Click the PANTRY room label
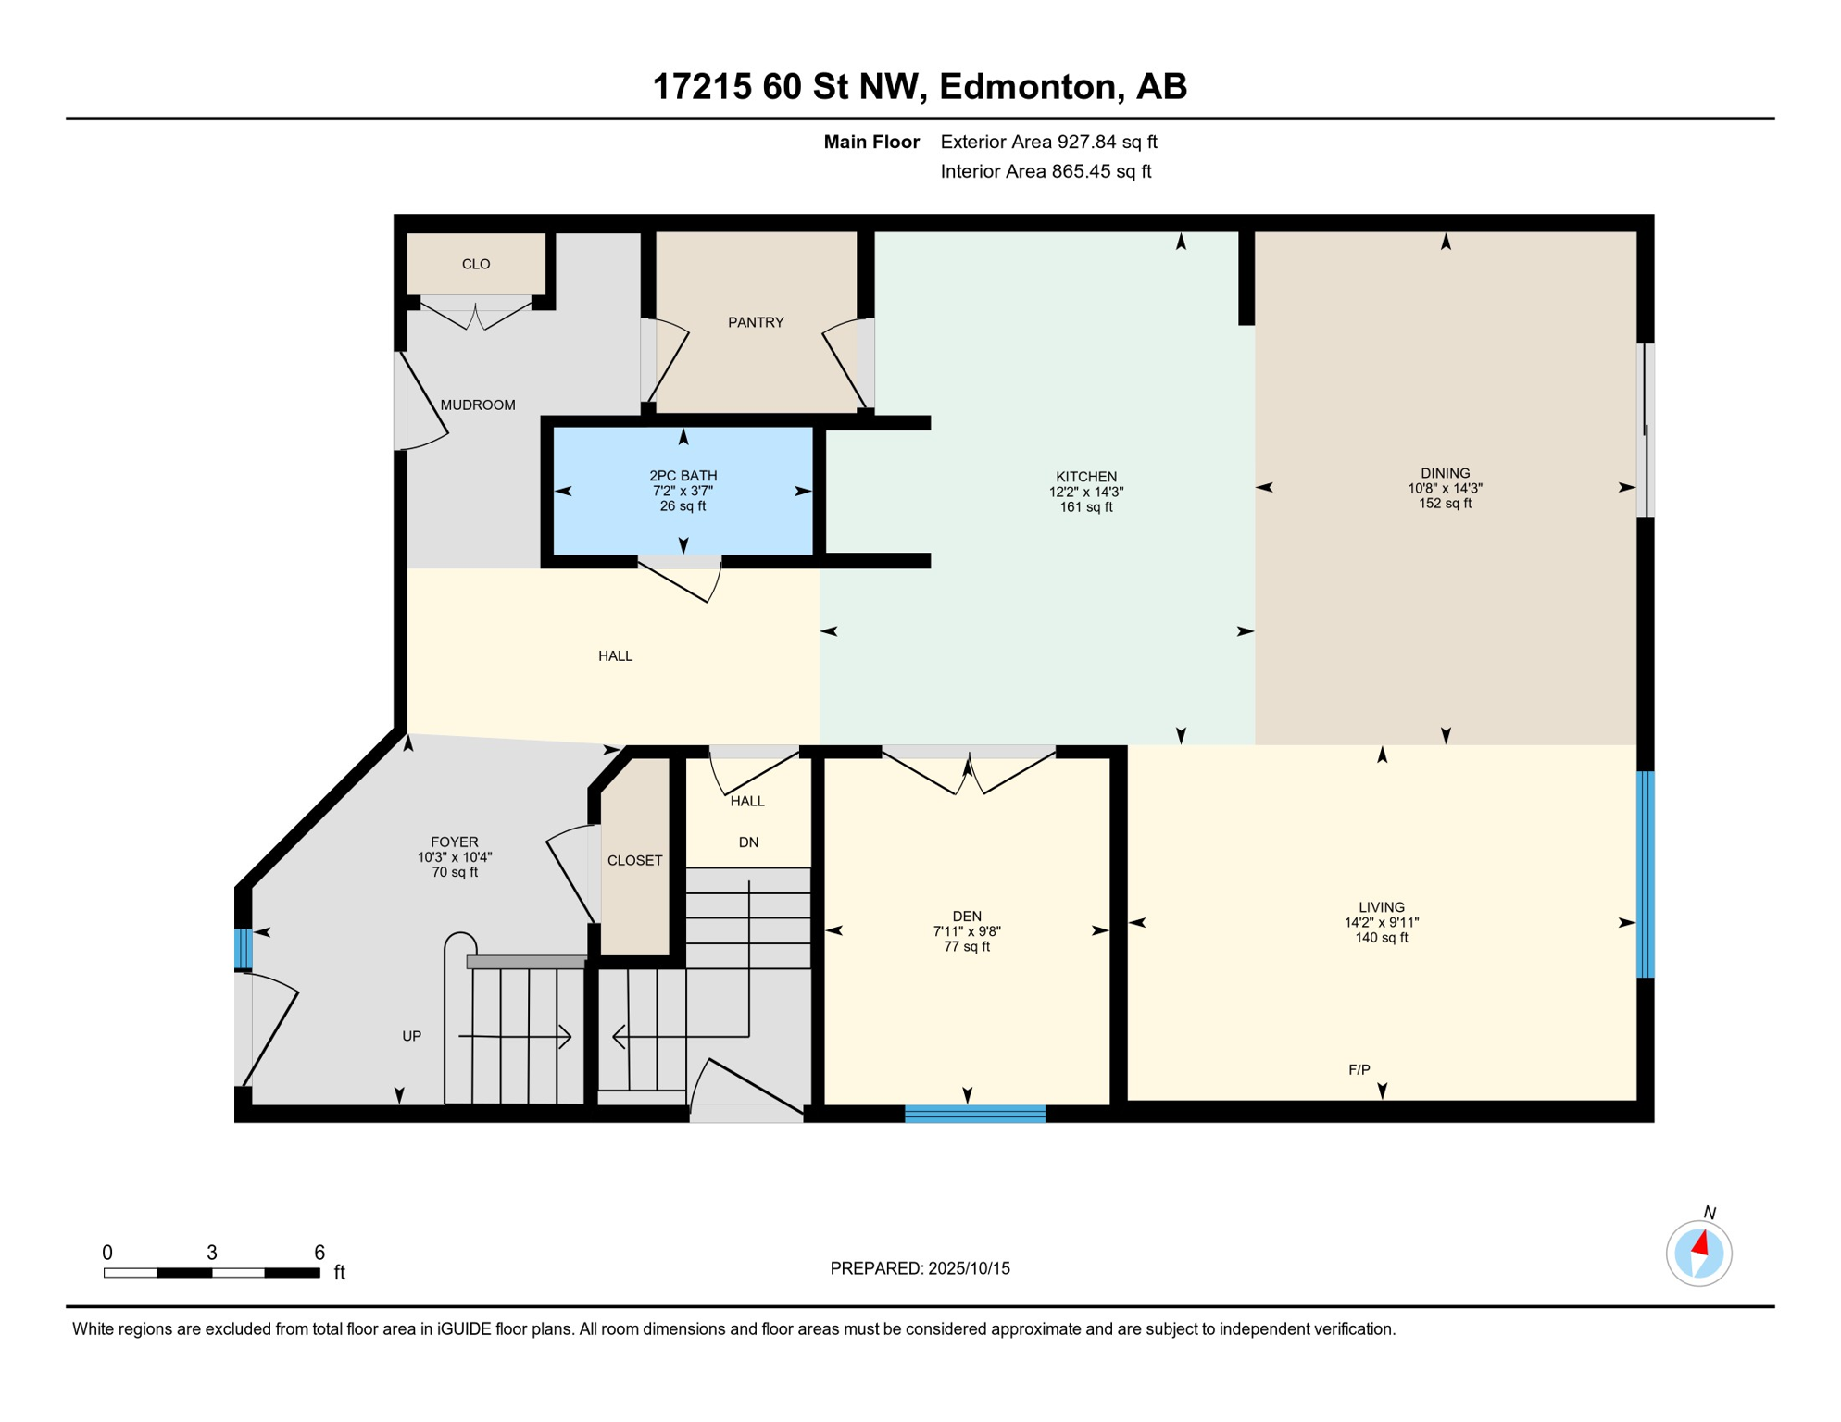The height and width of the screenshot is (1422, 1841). tap(756, 322)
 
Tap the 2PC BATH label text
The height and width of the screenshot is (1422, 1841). tap(683, 476)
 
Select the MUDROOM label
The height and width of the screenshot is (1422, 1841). tap(478, 405)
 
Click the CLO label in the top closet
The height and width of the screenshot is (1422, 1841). tap(476, 264)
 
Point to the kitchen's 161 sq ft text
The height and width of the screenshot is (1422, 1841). tap(1086, 507)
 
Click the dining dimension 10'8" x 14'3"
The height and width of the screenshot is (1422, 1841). tap(1445, 488)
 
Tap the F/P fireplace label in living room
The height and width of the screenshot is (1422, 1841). tap(1359, 1070)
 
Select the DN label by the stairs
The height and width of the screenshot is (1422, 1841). tap(748, 842)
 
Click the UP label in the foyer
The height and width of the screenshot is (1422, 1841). tap(412, 1036)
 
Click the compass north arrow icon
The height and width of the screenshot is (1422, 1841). tap(1699, 1254)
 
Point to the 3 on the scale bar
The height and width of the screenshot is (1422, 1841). tap(212, 1253)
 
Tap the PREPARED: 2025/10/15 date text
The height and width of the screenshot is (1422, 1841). tap(920, 1268)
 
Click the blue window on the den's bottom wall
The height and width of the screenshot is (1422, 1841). tap(974, 1114)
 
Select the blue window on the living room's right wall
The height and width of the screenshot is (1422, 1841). tap(1645, 874)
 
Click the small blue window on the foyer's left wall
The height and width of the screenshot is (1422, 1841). tap(243, 949)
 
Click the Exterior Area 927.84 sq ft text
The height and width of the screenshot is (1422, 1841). tap(1048, 142)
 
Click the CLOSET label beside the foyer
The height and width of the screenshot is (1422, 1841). tap(634, 860)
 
